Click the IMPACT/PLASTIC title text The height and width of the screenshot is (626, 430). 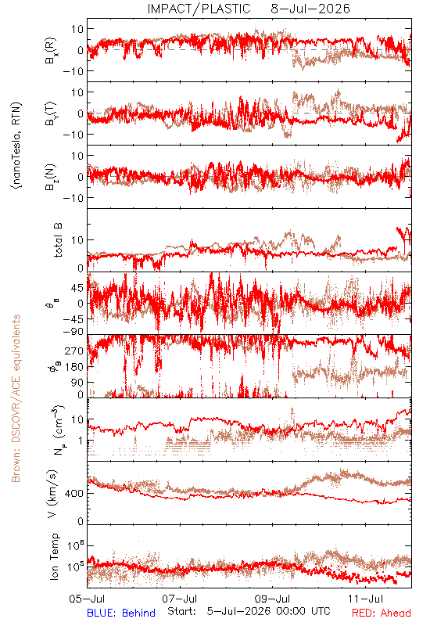tap(199, 9)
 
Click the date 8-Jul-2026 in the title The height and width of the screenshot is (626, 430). tap(310, 9)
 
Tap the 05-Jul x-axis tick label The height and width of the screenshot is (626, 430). tap(87, 599)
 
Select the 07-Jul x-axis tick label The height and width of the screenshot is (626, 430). tap(180, 599)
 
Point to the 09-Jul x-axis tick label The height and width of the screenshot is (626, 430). tap(272, 599)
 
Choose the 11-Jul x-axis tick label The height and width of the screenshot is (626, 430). tap(365, 599)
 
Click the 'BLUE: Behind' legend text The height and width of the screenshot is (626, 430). tap(121, 613)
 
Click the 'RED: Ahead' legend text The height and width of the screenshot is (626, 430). tap(382, 613)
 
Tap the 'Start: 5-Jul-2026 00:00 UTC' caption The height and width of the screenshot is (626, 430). tap(249, 612)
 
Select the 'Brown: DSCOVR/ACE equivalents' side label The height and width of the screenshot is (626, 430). tap(16, 398)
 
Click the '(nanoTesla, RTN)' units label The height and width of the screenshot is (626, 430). tap(16, 146)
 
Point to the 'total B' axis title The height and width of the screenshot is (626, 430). tap(57, 240)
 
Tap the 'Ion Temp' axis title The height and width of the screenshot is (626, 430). tap(54, 556)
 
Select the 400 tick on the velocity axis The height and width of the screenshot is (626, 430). tap(74, 494)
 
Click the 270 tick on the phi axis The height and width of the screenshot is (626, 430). tap(74, 351)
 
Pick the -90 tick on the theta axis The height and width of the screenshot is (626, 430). tap(73, 331)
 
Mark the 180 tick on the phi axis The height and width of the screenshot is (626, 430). tap(74, 367)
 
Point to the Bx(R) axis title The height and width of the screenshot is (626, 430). tap(51, 51)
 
